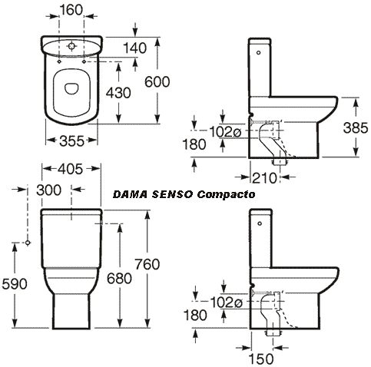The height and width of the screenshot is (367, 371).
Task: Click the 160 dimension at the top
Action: click(71, 10)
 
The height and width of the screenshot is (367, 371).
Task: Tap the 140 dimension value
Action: click(135, 48)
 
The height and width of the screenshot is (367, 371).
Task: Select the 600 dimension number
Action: click(157, 82)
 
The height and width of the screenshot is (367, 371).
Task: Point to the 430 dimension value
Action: click(118, 93)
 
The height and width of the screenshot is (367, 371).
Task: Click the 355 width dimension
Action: click(71, 141)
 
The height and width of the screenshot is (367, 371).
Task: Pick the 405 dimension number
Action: click(71, 169)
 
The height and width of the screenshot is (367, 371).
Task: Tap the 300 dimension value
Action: click(49, 190)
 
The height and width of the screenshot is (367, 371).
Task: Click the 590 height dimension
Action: click(15, 284)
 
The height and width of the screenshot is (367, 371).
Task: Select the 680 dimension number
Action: click(119, 278)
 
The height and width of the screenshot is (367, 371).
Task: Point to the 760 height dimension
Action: click(147, 264)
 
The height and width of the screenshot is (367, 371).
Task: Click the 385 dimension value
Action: click(356, 127)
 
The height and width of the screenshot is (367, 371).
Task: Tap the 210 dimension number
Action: click(264, 178)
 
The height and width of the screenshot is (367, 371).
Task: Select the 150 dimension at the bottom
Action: click(261, 359)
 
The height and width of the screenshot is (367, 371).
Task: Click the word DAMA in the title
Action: click(130, 194)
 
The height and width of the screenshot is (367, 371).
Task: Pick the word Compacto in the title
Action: click(226, 195)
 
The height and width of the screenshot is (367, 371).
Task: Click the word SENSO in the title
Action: click(172, 194)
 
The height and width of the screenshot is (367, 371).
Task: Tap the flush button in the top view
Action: click(71, 46)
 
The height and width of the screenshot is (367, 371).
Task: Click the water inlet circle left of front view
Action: click(28, 243)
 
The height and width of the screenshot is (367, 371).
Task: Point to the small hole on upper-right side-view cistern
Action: click(258, 53)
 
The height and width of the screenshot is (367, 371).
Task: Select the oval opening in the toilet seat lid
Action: click(71, 88)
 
